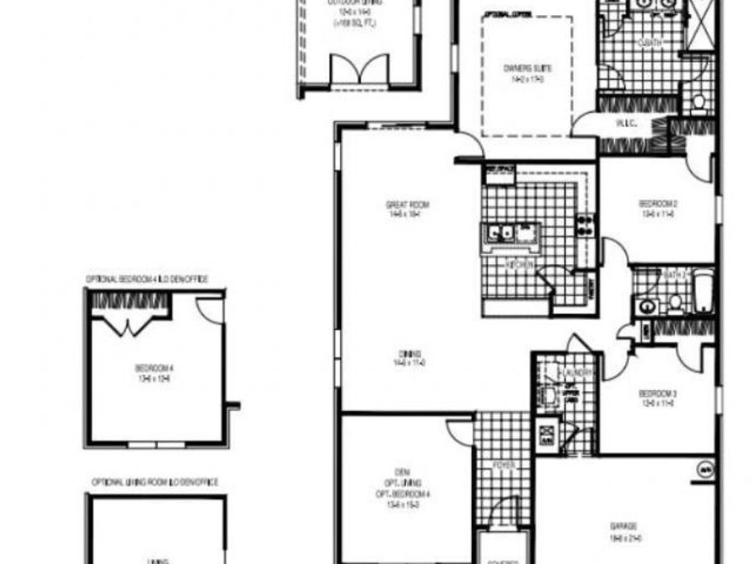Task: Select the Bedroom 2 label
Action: pos(657,204)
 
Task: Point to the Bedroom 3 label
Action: pos(657,394)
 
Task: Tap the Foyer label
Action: pos(503,465)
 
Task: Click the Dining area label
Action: pos(409,353)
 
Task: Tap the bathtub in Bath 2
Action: pos(703,292)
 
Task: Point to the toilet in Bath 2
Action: pos(673,301)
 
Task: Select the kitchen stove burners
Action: pos(586,224)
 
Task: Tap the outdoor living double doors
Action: pos(359,70)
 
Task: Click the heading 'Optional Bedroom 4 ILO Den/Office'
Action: pos(147,279)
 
